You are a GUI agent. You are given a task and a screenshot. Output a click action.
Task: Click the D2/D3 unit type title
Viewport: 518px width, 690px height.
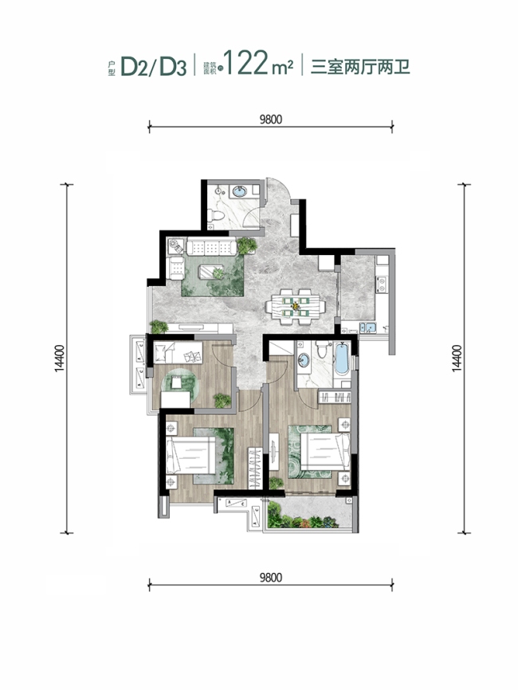[x=153, y=66]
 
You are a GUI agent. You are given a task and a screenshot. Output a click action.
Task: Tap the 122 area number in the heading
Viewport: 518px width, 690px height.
[x=246, y=63]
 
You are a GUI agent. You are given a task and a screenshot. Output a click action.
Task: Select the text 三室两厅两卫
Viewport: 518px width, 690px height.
[x=360, y=67]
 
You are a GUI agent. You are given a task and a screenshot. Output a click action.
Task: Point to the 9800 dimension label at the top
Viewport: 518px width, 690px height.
[x=270, y=120]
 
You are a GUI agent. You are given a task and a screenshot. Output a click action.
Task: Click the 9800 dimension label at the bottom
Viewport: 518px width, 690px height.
[x=270, y=577]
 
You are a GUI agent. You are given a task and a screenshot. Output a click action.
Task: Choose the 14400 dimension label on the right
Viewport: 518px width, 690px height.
[x=457, y=359]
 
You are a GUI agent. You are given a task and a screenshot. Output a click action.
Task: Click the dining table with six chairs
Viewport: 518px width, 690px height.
[x=296, y=306]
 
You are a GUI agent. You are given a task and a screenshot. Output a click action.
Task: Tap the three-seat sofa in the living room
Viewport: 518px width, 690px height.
[x=211, y=246]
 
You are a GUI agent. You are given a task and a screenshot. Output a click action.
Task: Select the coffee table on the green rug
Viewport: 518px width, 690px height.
[x=212, y=272]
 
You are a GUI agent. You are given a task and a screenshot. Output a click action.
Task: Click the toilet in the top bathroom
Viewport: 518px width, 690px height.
[x=216, y=216]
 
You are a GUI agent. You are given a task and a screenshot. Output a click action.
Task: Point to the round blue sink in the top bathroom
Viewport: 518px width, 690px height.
[x=239, y=191]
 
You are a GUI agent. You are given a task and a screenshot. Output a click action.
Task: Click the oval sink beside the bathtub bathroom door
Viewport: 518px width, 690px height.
[x=304, y=359]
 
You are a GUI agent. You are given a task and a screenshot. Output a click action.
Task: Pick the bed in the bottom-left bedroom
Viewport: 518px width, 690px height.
[x=191, y=455]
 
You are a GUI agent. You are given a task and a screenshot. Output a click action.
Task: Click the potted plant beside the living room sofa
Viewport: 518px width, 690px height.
[x=247, y=245]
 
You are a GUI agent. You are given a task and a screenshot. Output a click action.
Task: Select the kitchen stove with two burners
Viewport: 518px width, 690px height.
[x=382, y=284]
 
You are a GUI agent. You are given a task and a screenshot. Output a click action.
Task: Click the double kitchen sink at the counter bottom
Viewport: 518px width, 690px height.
[x=367, y=327]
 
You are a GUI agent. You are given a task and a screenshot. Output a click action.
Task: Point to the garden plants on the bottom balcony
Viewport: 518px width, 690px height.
[x=303, y=516]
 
